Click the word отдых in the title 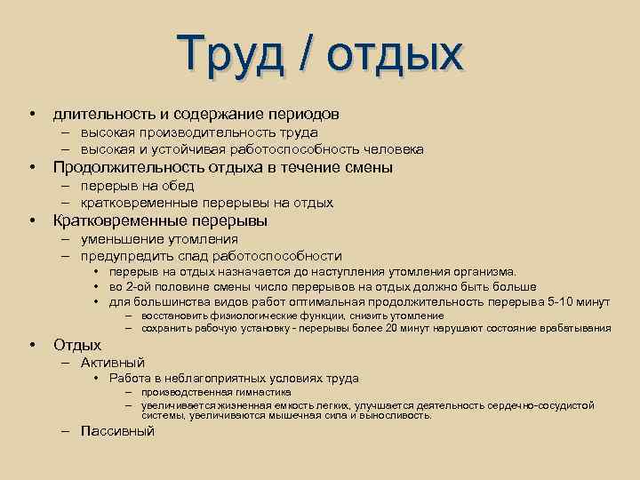tap(395, 54)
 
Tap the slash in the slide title tap(306, 54)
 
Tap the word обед tap(178, 186)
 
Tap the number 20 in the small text tap(392, 328)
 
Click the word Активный tap(112, 362)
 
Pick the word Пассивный tap(117, 431)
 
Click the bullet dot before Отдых tap(31, 345)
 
